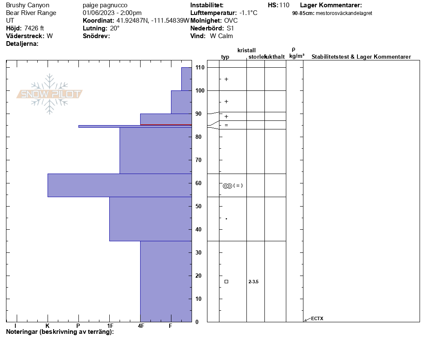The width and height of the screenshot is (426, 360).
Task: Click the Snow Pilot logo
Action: [50, 94]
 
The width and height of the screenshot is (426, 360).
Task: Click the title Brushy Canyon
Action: [27, 5]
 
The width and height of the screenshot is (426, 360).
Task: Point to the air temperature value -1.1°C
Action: [248, 13]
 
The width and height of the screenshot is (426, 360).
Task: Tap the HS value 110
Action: [284, 5]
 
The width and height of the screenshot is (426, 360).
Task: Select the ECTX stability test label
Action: [317, 318]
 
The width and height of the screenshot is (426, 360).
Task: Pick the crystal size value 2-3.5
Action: [253, 282]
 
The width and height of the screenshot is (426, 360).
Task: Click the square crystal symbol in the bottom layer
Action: [226, 282]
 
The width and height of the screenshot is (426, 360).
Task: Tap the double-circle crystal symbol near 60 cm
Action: [227, 186]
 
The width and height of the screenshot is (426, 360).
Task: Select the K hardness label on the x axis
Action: [48, 326]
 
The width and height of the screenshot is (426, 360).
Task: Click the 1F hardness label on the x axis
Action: [110, 326]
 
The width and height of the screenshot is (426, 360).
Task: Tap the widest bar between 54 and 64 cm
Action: [120, 185]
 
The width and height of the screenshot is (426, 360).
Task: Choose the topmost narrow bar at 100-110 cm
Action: [186, 79]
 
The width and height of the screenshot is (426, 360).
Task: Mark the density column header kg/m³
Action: [297, 56]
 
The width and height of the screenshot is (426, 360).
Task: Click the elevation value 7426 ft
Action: [34, 28]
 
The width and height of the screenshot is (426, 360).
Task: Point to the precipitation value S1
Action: [231, 28]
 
